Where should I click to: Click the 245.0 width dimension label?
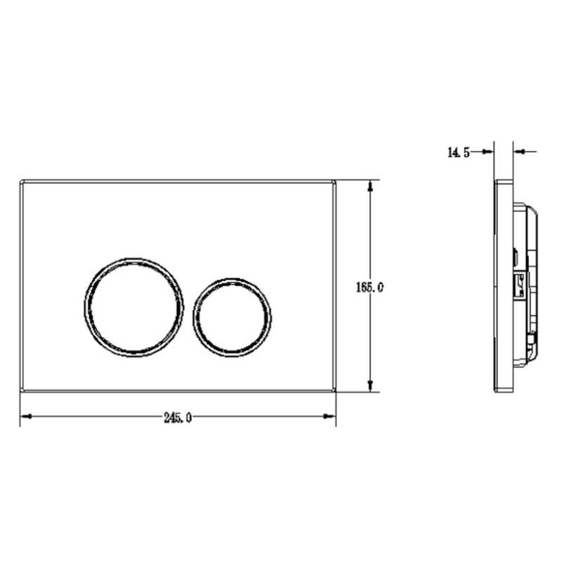(x=178, y=417)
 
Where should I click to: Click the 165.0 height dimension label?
(x=370, y=287)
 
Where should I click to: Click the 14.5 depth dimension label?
(x=459, y=152)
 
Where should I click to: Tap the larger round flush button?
(x=133, y=307)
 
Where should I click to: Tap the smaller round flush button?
(x=232, y=318)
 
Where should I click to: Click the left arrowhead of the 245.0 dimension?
(x=27, y=417)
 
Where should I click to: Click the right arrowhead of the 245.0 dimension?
(x=329, y=417)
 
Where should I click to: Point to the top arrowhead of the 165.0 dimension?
(x=370, y=186)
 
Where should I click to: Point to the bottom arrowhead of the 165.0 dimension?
(x=370, y=385)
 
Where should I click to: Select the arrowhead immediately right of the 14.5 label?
(x=488, y=152)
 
